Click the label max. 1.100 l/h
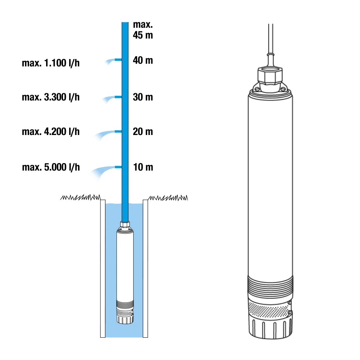pos(51,63)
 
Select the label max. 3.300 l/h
pos(51,97)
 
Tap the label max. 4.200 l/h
pos(51,132)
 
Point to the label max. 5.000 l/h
pos(51,167)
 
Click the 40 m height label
pos(143,60)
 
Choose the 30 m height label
pos(143,97)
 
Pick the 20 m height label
pos(143,132)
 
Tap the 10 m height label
pos(143,167)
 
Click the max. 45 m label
pos(143,30)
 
